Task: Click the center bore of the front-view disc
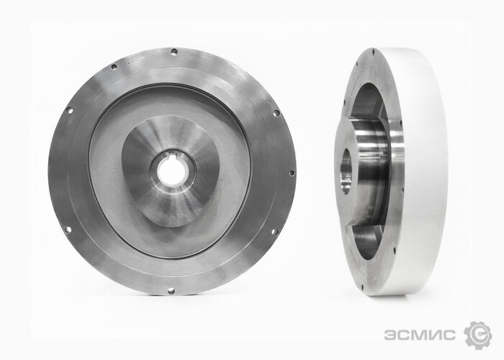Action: pos(171,172)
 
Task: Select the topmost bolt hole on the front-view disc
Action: pos(174,51)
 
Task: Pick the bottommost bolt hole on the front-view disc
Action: pos(171,291)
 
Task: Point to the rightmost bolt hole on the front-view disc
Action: pos(292,173)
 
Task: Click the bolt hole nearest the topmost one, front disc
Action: pos(114,67)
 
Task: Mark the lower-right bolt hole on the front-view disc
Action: pos(274,232)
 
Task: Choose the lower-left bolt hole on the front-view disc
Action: pos(68,230)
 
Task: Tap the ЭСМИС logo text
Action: pos(420,335)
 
